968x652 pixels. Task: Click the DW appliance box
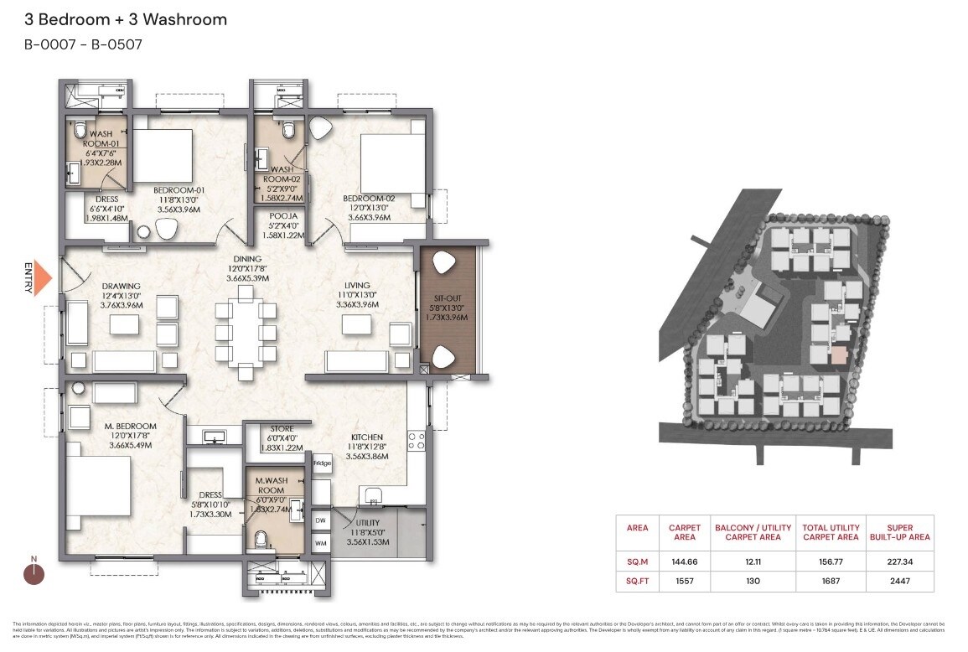point(321,520)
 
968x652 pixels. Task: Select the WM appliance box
point(321,544)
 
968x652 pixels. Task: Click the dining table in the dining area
point(246,333)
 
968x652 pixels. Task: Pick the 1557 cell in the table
point(685,580)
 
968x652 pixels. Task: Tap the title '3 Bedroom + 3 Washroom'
point(126,19)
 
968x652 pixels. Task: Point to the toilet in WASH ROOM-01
point(80,131)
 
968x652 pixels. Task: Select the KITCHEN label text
point(367,437)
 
